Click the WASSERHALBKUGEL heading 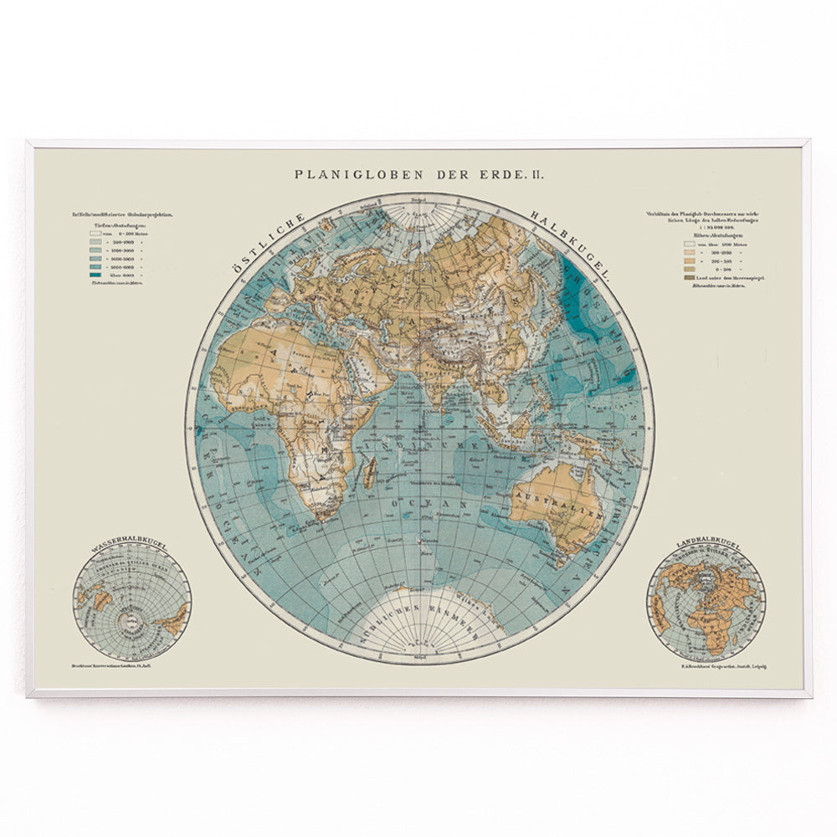(x=130, y=546)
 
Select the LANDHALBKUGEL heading (x=705, y=546)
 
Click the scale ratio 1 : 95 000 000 (x=705, y=227)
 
